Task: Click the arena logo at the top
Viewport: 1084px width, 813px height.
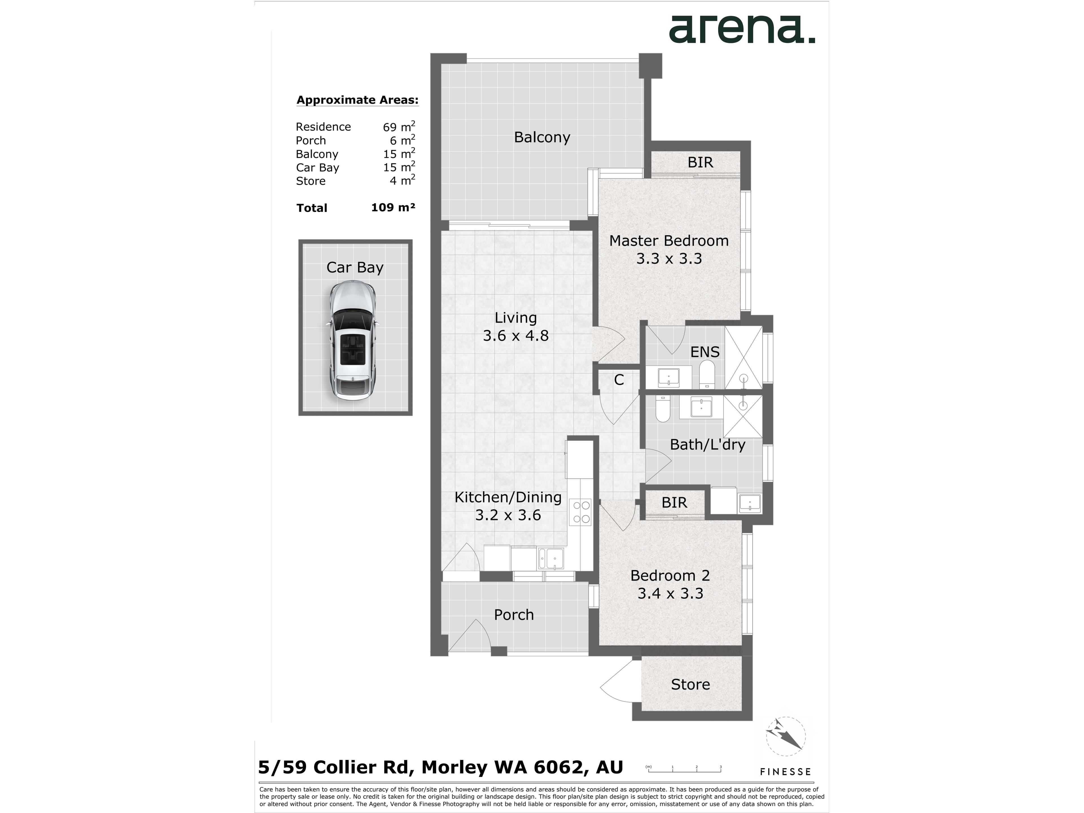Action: point(742,29)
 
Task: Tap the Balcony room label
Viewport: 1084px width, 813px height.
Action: point(542,137)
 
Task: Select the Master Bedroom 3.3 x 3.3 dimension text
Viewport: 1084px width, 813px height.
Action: point(669,258)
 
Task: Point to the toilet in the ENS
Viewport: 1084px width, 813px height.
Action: point(707,375)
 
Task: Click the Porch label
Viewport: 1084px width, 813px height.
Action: point(513,615)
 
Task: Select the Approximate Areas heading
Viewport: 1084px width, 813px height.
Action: point(357,100)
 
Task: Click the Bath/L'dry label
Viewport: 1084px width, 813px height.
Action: point(707,445)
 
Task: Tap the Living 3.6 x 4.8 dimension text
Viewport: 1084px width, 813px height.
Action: point(515,336)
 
